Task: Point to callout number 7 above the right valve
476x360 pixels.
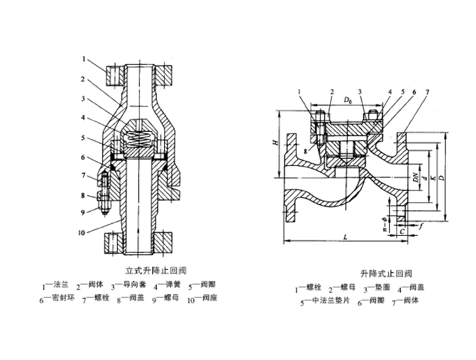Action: tap(428, 92)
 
